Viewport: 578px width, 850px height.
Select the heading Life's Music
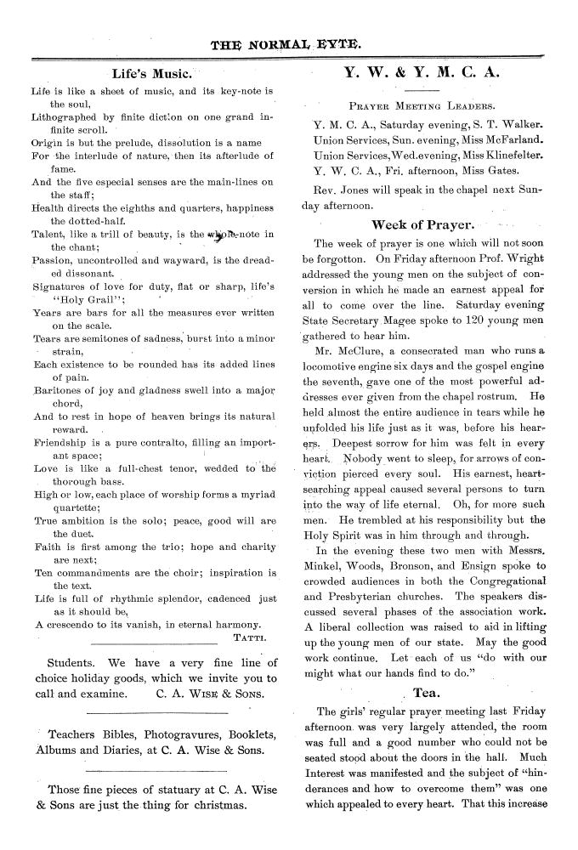pos(151,75)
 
